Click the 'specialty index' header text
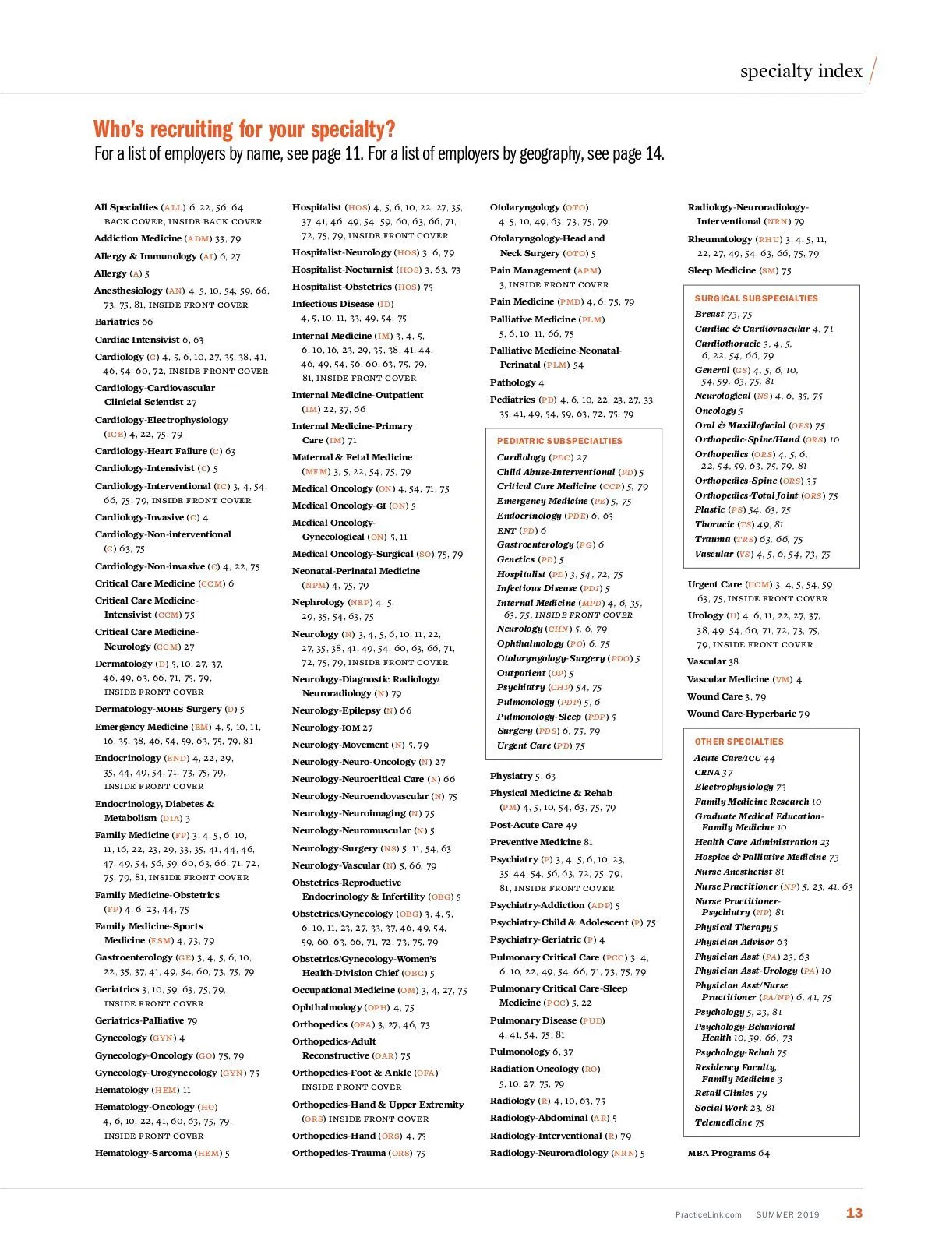(x=801, y=72)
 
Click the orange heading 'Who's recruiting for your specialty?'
(x=244, y=129)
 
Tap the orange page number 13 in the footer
(x=854, y=1213)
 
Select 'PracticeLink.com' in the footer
(x=708, y=1214)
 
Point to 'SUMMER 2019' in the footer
(x=787, y=1214)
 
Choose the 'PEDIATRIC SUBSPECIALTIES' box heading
(x=559, y=441)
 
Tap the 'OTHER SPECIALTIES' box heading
(x=739, y=742)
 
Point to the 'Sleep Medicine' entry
(x=722, y=270)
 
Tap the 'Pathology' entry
(x=513, y=382)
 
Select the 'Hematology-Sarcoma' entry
(x=143, y=1153)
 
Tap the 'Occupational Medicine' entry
(x=344, y=990)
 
